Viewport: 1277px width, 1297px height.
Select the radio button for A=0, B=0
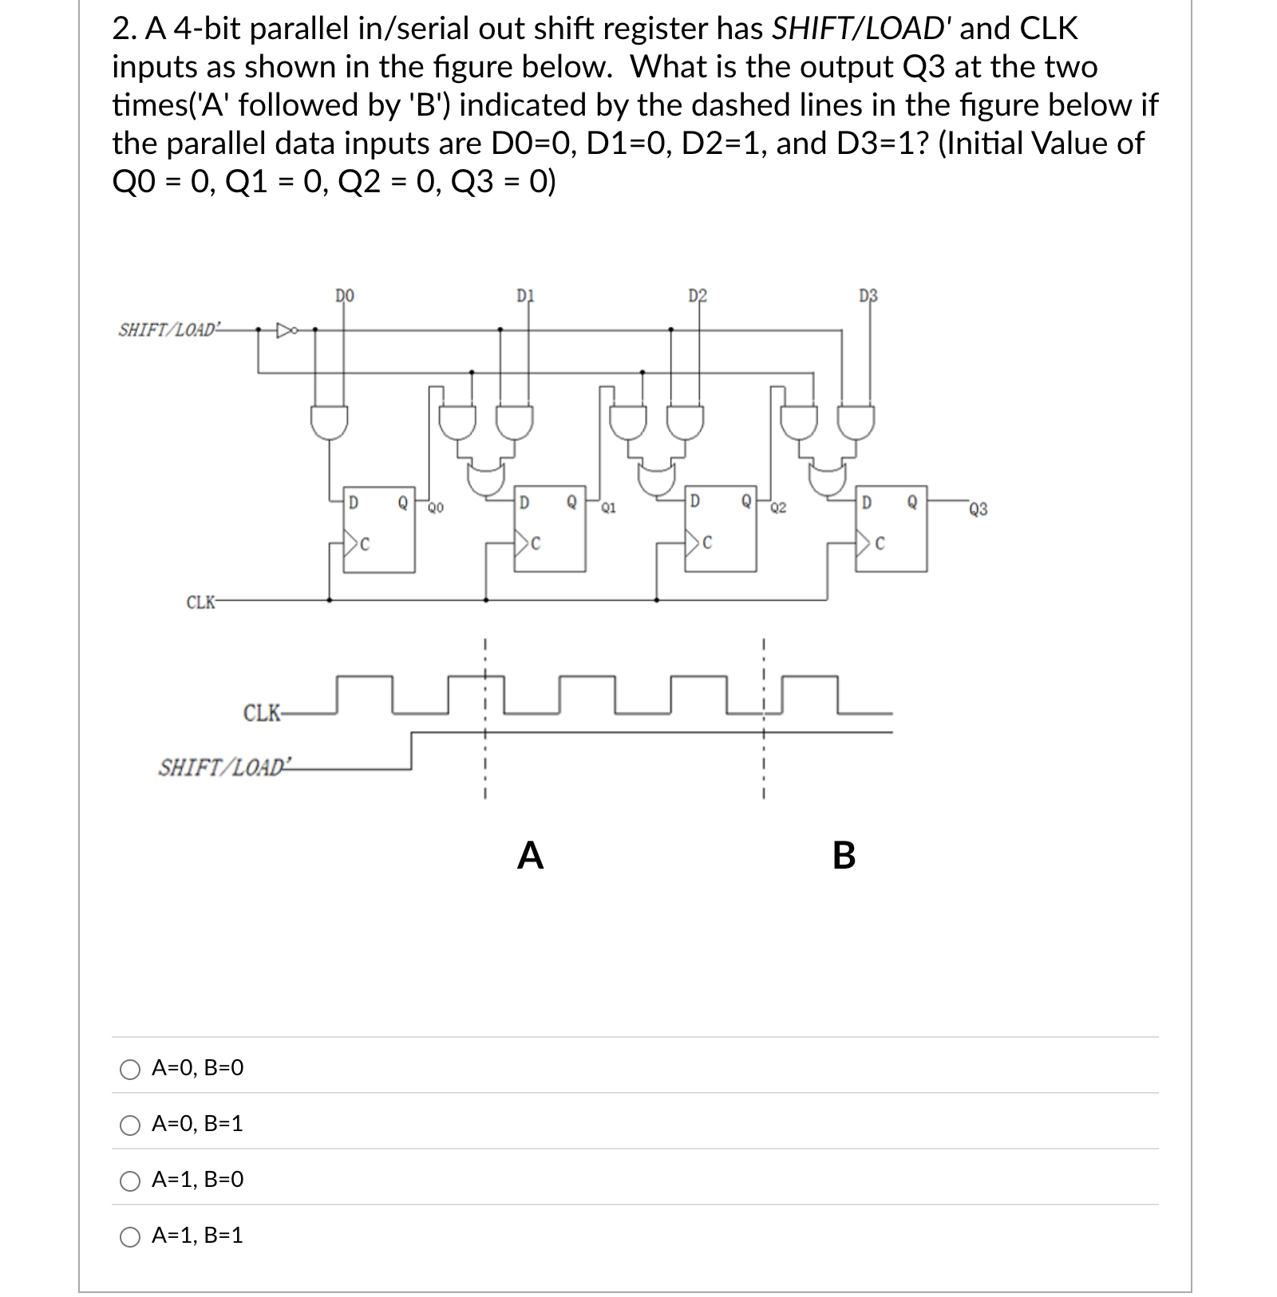point(130,1069)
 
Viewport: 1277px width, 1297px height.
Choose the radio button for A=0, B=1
point(130,1125)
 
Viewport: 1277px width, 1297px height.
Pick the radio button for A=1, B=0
point(130,1181)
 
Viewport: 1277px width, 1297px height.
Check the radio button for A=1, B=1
point(130,1236)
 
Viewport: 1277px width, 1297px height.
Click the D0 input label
point(345,296)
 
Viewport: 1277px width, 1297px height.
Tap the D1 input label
point(524,296)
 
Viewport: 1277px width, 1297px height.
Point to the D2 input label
point(697,296)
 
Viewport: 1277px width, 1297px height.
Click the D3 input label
point(868,296)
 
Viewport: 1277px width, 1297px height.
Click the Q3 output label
point(979,509)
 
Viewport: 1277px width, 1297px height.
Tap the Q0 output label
point(436,507)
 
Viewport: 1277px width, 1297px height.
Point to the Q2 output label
point(778,507)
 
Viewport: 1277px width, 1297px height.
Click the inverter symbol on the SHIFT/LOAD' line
point(285,329)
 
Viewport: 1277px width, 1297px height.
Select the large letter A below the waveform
point(530,855)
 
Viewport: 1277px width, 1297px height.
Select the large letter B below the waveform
point(844,855)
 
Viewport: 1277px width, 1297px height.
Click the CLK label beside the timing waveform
point(261,712)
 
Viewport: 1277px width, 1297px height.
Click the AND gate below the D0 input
point(329,421)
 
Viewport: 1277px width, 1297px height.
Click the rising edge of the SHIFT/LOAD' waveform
point(411,751)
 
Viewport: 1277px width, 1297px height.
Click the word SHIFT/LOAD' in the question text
point(859,29)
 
